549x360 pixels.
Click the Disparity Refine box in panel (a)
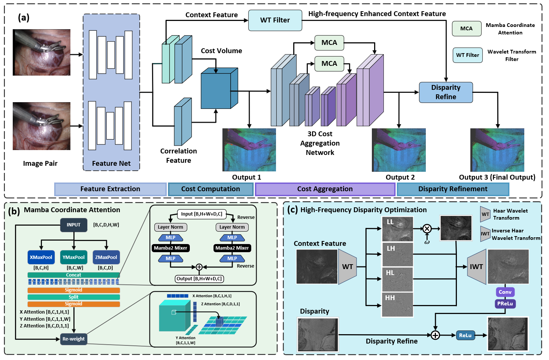[x=446, y=92]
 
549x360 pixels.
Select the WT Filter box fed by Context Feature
[x=275, y=20]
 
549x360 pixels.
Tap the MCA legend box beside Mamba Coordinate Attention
[x=466, y=29]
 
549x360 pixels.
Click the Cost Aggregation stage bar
[x=325, y=189]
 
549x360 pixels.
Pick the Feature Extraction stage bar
[x=110, y=189]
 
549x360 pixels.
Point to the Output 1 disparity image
[x=249, y=150]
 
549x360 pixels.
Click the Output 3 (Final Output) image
[x=497, y=150]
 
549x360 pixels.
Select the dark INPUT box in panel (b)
[x=74, y=225]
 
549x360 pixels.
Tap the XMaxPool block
[x=41, y=257]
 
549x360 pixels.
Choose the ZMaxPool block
[x=106, y=257]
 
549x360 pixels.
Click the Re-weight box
[x=73, y=339]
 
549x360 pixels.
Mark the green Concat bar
[x=73, y=275]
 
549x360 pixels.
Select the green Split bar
[x=73, y=297]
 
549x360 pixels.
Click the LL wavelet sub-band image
[x=397, y=229]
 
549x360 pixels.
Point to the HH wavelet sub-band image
[x=397, y=305]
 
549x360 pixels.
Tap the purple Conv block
[x=505, y=292]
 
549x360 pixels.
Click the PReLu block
[x=505, y=303]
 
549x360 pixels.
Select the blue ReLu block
[x=465, y=335]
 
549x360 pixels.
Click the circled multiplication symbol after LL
[x=427, y=229]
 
